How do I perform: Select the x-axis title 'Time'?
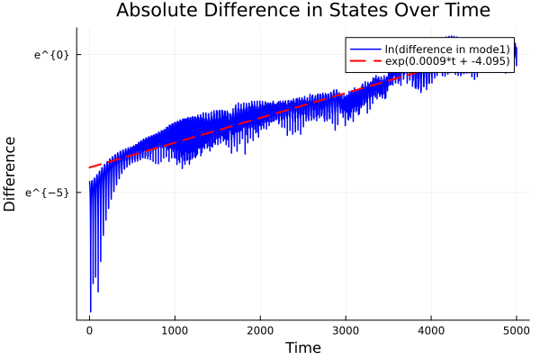pyautogui.click(x=302, y=347)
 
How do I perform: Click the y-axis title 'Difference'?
pyautogui.click(x=11, y=174)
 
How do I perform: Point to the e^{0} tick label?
pyautogui.click(x=51, y=55)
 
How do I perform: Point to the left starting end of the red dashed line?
pyautogui.click(x=89, y=167)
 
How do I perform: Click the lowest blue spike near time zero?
pyautogui.click(x=90, y=311)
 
